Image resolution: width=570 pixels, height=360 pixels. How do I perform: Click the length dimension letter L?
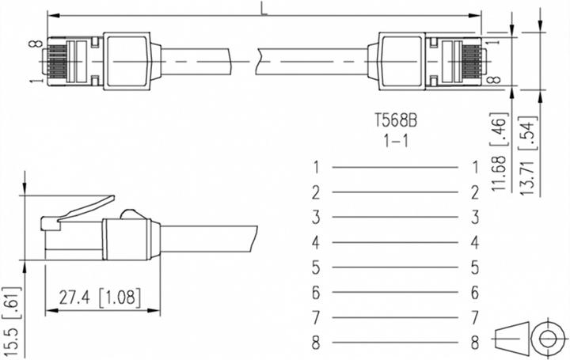[263, 7]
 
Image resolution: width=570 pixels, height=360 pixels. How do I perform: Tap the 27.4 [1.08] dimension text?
[101, 297]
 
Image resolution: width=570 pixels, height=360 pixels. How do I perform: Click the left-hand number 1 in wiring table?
[316, 167]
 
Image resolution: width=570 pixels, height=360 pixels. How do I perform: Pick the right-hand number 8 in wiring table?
[476, 343]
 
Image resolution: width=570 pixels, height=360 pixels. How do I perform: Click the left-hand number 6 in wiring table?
[316, 293]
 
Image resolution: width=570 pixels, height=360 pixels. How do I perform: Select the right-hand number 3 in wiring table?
[476, 217]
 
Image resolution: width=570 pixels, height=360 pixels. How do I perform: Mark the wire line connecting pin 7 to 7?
[395, 318]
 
